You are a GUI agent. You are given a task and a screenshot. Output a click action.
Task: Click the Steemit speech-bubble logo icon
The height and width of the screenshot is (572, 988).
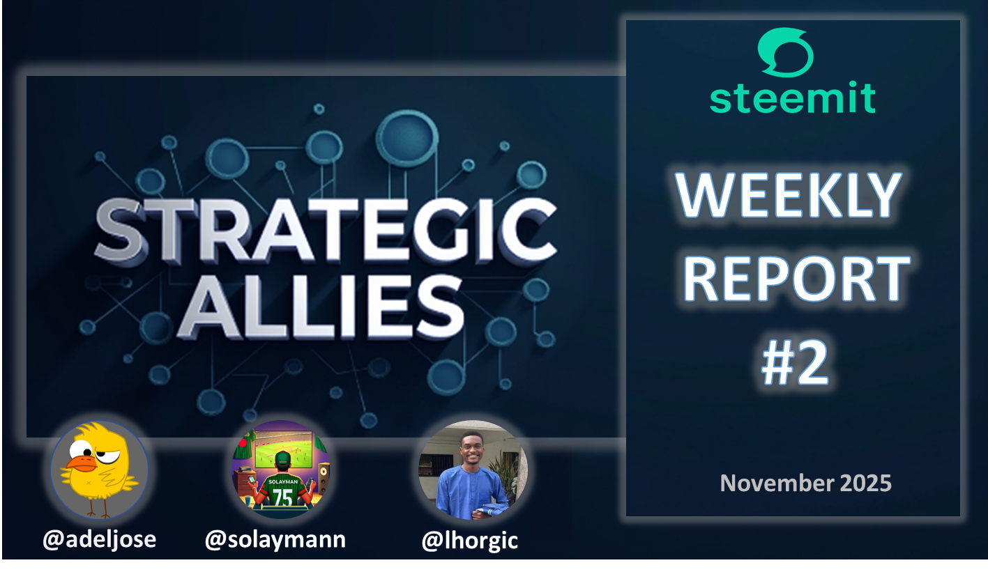[785, 52]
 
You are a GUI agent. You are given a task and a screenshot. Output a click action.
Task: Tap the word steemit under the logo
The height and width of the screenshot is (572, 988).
[792, 97]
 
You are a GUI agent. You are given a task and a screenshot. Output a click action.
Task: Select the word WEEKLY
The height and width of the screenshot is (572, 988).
[788, 195]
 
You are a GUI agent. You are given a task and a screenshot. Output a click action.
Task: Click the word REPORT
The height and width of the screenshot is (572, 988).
[796, 279]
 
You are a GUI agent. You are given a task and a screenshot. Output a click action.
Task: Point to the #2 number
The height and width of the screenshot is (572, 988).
[795, 362]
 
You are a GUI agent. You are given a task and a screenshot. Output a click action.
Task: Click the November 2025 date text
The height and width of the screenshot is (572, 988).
[805, 483]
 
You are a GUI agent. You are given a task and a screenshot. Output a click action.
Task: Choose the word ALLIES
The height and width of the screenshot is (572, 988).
[320, 307]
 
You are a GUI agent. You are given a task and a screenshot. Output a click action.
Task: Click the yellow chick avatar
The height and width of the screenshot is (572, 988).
[100, 470]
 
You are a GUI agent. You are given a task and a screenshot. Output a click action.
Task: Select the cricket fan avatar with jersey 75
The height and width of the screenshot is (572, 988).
[280, 470]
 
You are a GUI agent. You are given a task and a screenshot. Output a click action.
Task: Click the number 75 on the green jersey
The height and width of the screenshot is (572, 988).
[282, 497]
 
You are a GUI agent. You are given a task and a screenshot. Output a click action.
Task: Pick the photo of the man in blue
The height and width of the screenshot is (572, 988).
[473, 470]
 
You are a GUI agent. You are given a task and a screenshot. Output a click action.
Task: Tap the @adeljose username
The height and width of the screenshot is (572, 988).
[100, 540]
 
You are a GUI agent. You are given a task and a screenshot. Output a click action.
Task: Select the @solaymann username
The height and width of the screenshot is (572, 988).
[275, 540]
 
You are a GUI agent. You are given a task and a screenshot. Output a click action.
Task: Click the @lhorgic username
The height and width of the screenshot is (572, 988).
[470, 541]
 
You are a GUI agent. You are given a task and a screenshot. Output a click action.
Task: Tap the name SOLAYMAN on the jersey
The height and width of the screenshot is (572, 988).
[282, 482]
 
